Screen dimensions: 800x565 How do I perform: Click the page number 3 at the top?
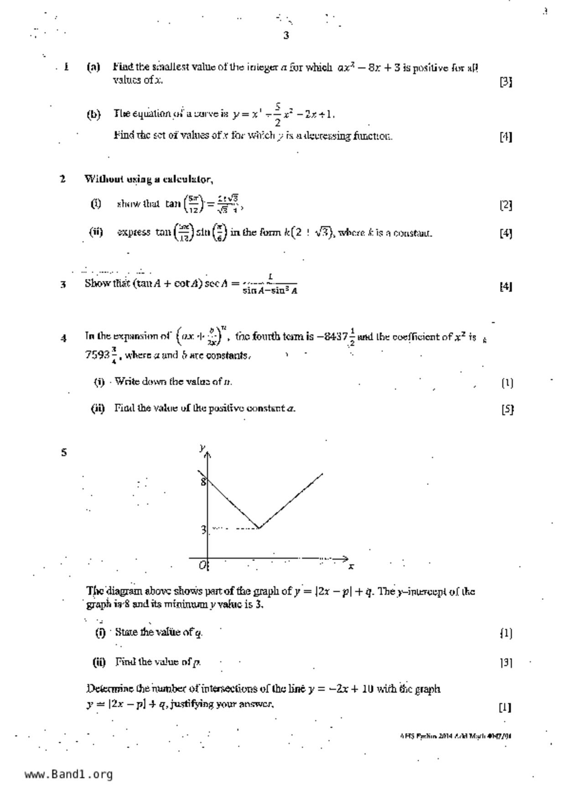pos(286,36)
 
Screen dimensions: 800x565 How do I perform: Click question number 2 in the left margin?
pos(63,179)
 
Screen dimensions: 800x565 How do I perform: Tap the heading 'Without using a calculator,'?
pos(149,179)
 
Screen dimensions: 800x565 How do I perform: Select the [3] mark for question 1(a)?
pos(506,82)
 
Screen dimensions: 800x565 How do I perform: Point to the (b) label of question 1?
pos(93,114)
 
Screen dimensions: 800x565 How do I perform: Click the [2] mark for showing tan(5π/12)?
pos(506,205)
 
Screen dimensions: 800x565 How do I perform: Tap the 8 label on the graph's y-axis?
pos(203,482)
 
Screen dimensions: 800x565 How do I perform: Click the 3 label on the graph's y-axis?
pos(204,530)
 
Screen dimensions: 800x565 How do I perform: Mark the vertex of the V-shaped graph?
pos(259,528)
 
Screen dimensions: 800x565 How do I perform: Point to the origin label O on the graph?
pos(202,566)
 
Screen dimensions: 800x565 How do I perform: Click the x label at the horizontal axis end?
pos(351,566)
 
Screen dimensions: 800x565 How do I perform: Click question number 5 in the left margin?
pos(64,452)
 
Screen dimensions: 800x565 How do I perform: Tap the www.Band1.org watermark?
pos(68,774)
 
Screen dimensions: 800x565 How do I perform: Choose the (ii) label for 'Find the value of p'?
pos(99,662)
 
